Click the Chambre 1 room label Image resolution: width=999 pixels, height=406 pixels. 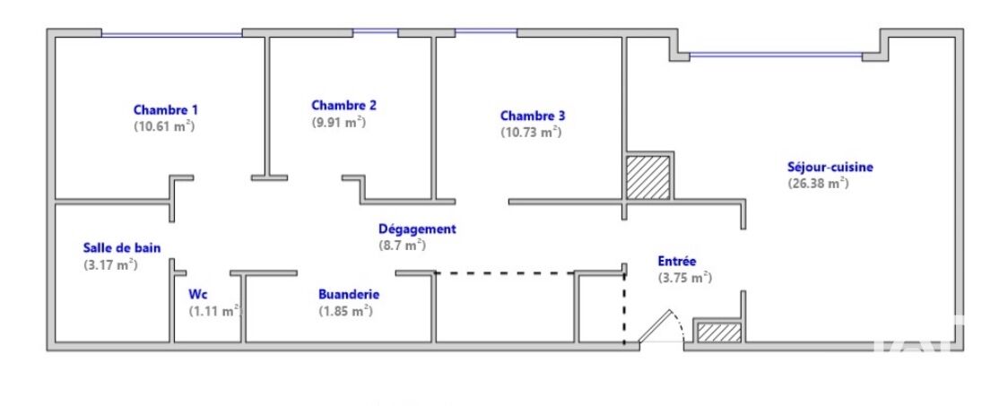(x=165, y=109)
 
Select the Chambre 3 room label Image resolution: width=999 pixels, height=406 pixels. (x=533, y=116)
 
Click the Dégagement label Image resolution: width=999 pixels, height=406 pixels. (x=417, y=229)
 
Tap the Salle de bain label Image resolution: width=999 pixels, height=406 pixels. (x=122, y=248)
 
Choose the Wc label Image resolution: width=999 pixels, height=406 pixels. (x=198, y=295)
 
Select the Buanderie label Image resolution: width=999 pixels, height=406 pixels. (x=349, y=295)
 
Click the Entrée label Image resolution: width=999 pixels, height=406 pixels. (x=677, y=262)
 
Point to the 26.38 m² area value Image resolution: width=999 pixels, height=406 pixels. (x=818, y=183)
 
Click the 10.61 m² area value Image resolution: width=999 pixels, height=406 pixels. (x=164, y=126)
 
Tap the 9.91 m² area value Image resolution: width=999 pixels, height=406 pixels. (x=338, y=122)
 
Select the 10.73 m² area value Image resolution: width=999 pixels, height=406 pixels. (x=531, y=133)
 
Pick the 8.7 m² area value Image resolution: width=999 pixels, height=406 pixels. (x=402, y=245)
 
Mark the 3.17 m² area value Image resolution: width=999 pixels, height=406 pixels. (x=111, y=264)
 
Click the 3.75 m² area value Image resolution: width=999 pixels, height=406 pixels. (x=684, y=278)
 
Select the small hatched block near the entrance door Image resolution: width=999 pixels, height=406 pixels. (x=719, y=333)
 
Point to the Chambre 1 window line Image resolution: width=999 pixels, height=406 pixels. (x=172, y=34)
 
